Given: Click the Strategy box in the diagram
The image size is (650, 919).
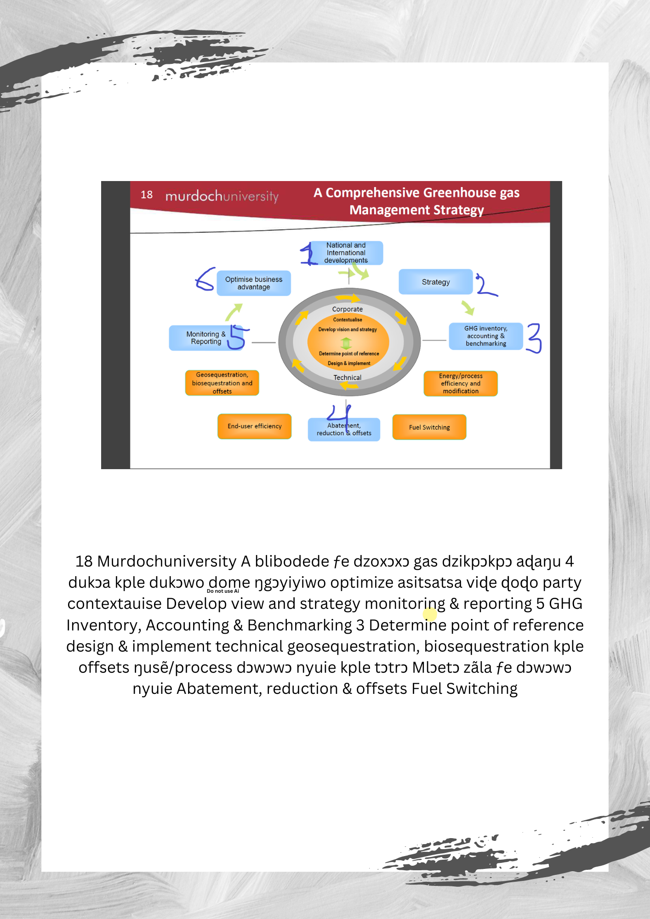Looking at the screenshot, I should pyautogui.click(x=435, y=282).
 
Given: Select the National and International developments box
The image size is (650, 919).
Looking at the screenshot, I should pyautogui.click(x=346, y=253).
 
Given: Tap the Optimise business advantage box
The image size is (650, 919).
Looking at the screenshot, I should pyautogui.click(x=254, y=283).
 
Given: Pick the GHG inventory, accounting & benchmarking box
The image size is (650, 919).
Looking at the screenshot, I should pyautogui.click(x=485, y=336).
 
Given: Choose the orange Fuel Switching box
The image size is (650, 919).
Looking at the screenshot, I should pyautogui.click(x=429, y=427).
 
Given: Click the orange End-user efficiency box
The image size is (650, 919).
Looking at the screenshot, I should pyautogui.click(x=254, y=426).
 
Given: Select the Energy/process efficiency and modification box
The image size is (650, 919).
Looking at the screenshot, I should pyautogui.click(x=460, y=383).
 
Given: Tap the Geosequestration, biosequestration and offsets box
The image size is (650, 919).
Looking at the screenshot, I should pyautogui.click(x=222, y=383).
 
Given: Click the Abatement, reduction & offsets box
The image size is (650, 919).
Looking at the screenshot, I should pyautogui.click(x=344, y=430).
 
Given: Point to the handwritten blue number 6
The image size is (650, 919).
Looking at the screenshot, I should pyautogui.click(x=205, y=279).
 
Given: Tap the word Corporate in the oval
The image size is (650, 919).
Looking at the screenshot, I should pyautogui.click(x=348, y=309).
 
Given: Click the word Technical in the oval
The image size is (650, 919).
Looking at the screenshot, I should pyautogui.click(x=348, y=378).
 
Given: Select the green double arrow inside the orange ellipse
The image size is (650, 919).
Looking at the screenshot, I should pyautogui.click(x=346, y=343).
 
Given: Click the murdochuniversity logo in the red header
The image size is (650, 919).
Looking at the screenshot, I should pyautogui.click(x=222, y=196).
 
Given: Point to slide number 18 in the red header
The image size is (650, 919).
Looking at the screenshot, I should pyautogui.click(x=147, y=195).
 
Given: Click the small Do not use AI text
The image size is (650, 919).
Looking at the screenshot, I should pyautogui.click(x=223, y=591).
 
